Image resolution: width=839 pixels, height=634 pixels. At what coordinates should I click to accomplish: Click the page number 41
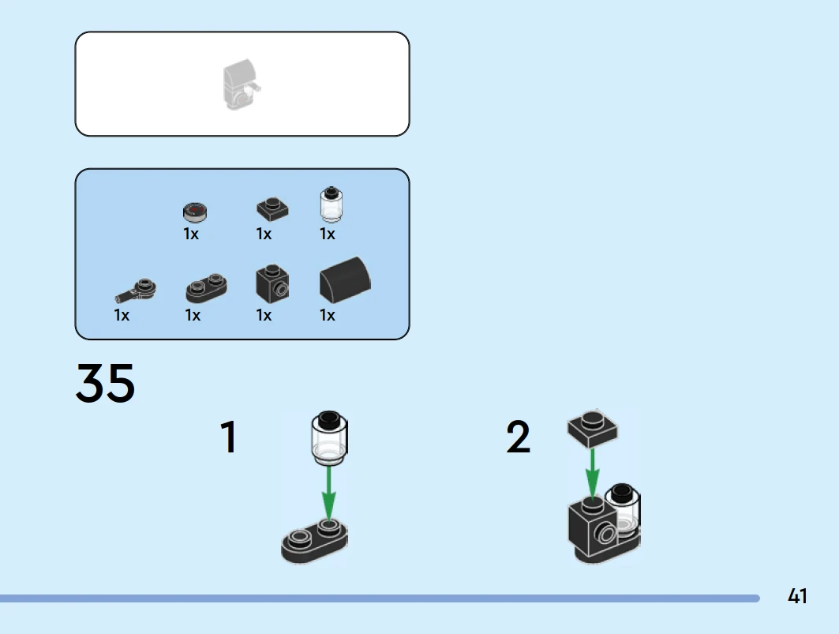click(797, 596)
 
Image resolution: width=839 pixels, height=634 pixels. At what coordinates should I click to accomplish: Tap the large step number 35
click(105, 384)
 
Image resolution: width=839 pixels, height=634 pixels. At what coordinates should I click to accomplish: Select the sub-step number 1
click(228, 437)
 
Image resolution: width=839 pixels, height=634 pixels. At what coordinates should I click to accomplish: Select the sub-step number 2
click(519, 437)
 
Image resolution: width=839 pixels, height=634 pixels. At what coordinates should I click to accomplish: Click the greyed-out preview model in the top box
click(241, 85)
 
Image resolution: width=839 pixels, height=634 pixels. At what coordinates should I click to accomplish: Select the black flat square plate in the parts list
click(272, 209)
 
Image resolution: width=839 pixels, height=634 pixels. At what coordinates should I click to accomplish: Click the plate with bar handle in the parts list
click(137, 290)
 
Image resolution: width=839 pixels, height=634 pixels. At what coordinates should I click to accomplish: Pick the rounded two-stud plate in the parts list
click(207, 289)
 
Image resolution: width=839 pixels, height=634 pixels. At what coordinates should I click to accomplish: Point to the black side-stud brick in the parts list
click(272, 282)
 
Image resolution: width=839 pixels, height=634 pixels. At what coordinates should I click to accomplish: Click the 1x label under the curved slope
click(328, 316)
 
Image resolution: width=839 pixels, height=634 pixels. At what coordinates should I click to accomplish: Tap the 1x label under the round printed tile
click(191, 234)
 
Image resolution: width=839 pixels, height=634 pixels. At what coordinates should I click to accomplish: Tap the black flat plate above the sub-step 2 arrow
click(593, 427)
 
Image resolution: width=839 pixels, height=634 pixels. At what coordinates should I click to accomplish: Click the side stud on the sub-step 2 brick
click(607, 534)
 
